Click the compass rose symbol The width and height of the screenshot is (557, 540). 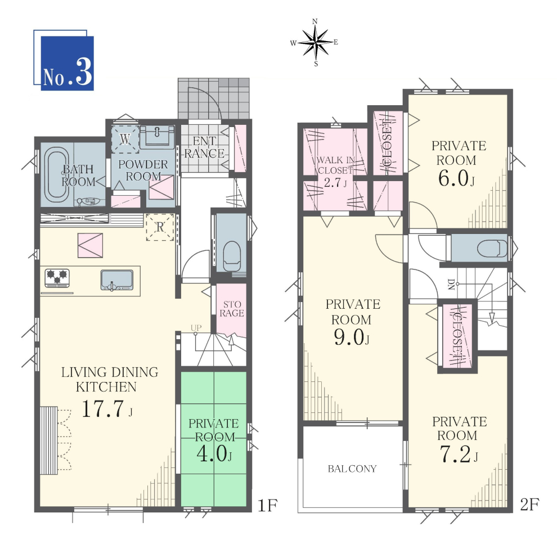(315, 43)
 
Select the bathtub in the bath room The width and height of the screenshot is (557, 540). (56, 175)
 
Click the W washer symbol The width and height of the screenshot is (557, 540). (125, 139)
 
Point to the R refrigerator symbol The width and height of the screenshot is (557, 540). (160, 227)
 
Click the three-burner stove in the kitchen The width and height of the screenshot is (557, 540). (57, 278)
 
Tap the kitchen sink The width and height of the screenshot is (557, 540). (117, 280)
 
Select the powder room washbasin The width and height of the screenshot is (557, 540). (156, 137)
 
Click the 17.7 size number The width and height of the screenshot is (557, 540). (103, 408)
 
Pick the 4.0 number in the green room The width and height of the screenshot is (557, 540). (212, 453)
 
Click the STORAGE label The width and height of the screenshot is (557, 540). (232, 309)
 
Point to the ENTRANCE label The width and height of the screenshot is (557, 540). (204, 147)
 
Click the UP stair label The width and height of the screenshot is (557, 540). (196, 327)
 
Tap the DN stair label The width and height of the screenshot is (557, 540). (451, 284)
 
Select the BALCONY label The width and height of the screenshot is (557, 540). (352, 469)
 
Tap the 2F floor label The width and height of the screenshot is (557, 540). (529, 504)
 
